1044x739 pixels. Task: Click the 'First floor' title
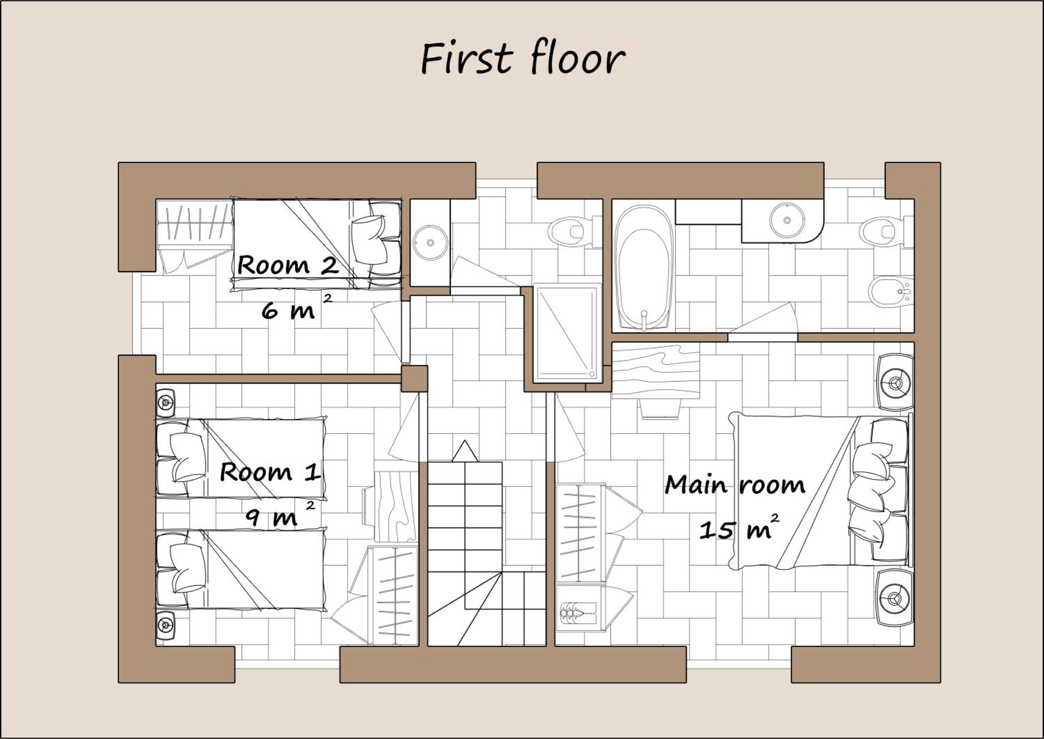(523, 59)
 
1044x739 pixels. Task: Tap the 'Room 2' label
(288, 264)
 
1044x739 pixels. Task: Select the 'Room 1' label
(270, 472)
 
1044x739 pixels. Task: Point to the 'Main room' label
(735, 485)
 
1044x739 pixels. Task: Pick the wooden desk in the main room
(655, 371)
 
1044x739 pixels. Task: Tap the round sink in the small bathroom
(430, 242)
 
